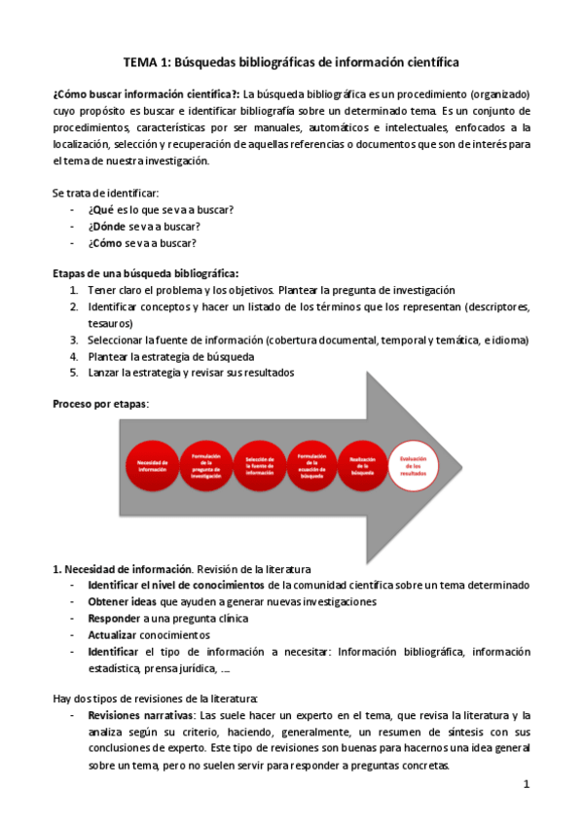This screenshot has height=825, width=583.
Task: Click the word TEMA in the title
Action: pyautogui.click(x=143, y=62)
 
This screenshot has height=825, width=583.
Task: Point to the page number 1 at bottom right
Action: pyautogui.click(x=526, y=784)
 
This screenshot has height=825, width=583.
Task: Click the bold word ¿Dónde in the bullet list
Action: pyautogui.click(x=106, y=227)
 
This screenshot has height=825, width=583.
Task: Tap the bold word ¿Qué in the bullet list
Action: pyautogui.click(x=101, y=210)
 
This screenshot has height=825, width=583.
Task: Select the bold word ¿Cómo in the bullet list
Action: pyautogui.click(x=105, y=243)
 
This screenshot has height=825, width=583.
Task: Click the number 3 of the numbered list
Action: pyautogui.click(x=74, y=341)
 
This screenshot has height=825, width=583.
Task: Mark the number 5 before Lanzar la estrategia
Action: pyautogui.click(x=74, y=373)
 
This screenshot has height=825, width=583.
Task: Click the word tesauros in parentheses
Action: pyautogui.click(x=108, y=323)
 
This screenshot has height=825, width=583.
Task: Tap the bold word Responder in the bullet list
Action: pyautogui.click(x=114, y=618)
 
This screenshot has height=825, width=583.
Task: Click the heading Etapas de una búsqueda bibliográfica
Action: pyautogui.click(x=145, y=273)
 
